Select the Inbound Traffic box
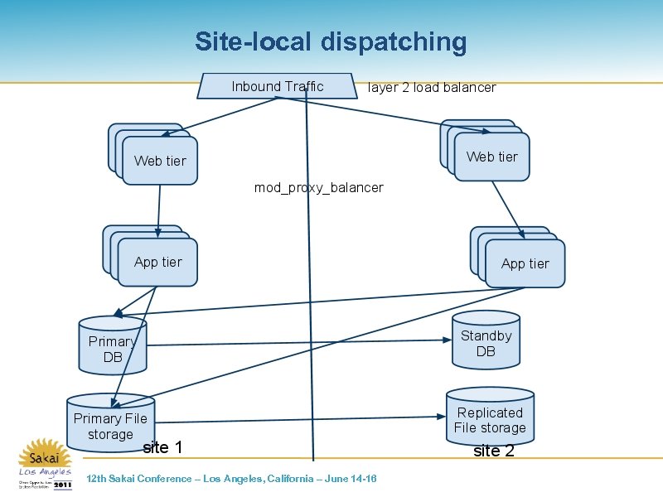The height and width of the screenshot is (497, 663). coord(277,86)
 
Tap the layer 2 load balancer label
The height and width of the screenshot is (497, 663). coord(431,87)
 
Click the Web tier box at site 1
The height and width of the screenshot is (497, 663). coord(160,161)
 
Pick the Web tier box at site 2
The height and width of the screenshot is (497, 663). coord(491,157)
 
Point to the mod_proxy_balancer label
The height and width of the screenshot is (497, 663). coord(318,187)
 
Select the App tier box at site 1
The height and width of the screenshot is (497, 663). coord(157,262)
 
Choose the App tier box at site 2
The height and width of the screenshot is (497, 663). coord(525,263)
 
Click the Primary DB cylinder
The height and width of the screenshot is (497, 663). coord(113,347)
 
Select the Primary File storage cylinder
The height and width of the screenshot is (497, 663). coord(109,424)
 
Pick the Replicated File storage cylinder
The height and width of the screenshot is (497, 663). coord(490,418)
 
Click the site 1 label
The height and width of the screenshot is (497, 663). coord(162,448)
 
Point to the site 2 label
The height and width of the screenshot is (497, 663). coord(493,451)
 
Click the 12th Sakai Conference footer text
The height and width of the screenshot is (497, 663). coord(231,479)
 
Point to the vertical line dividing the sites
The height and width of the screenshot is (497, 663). coord(310,273)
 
